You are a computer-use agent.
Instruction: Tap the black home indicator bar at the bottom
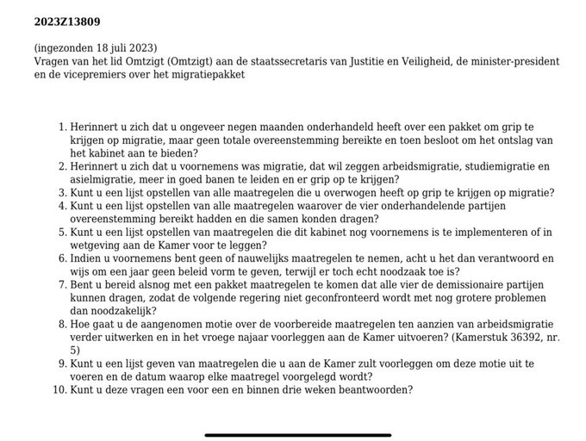pyautogui.click(x=292, y=433)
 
